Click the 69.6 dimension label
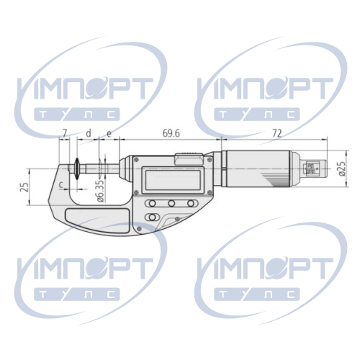click(171, 133)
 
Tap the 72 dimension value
click(276, 133)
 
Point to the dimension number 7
click(64, 133)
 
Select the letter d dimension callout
click(89, 133)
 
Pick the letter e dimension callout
click(109, 134)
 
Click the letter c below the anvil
click(61, 185)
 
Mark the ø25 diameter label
click(342, 168)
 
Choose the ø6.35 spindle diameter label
click(102, 190)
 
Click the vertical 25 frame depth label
click(24, 187)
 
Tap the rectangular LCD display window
click(172, 180)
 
